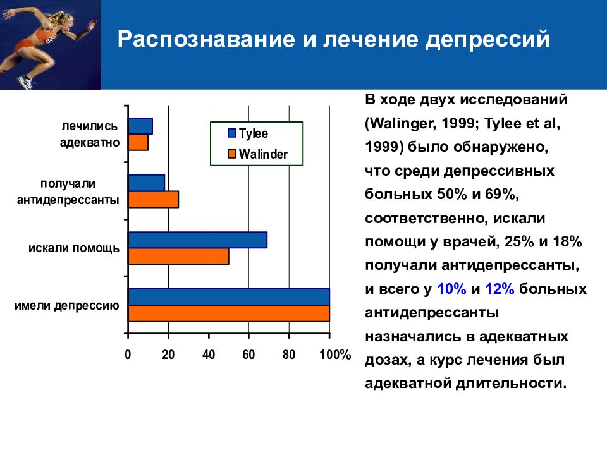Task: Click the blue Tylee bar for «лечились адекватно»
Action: point(140,126)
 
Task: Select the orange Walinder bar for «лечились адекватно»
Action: point(138,142)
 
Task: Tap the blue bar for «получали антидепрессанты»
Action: point(147,183)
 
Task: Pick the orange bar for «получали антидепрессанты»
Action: point(154,199)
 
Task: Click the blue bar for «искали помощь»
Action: point(198,240)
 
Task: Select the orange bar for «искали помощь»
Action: point(179,256)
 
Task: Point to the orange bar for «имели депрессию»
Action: point(229,313)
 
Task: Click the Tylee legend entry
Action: point(248,133)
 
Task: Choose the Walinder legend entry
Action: point(257,154)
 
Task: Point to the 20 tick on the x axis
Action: point(168,355)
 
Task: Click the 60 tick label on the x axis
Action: point(248,355)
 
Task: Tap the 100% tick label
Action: point(335,355)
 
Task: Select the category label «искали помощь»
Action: point(74,248)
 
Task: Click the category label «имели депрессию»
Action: point(67,306)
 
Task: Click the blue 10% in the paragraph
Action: point(451,289)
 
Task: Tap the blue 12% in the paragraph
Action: point(500,289)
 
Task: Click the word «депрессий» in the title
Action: point(487,39)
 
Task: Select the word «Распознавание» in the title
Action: point(206,39)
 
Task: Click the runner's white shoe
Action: point(25,82)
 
